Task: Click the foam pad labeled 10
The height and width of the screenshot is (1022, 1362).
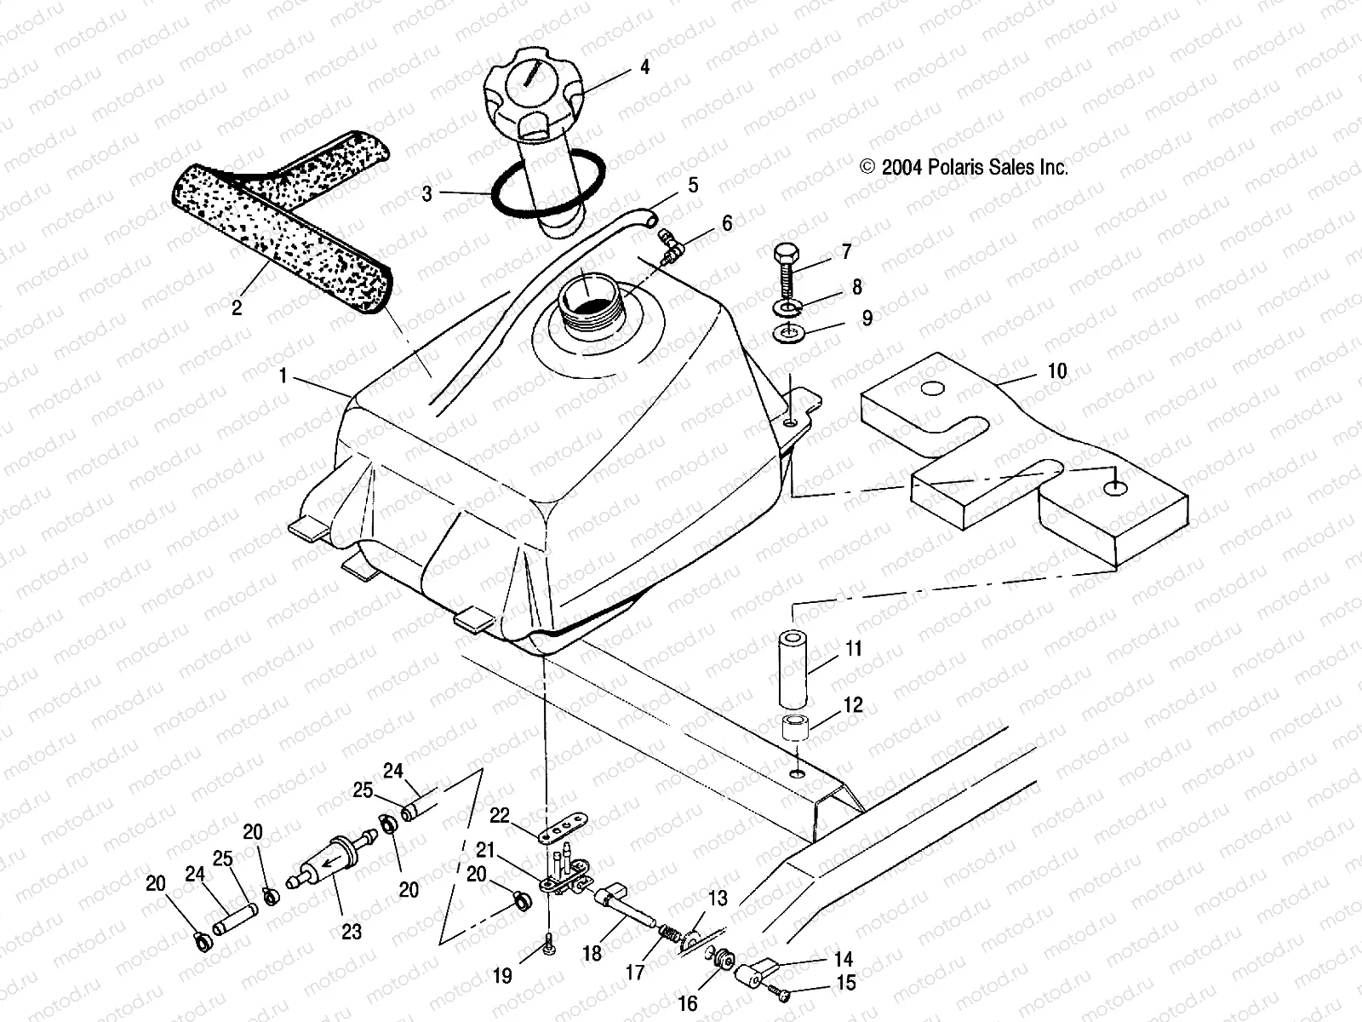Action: pos(1021,460)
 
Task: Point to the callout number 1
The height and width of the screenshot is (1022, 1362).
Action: pos(282,376)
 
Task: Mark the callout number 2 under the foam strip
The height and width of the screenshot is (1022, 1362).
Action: pos(237,307)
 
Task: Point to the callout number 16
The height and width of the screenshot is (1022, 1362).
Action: pos(687,1003)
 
